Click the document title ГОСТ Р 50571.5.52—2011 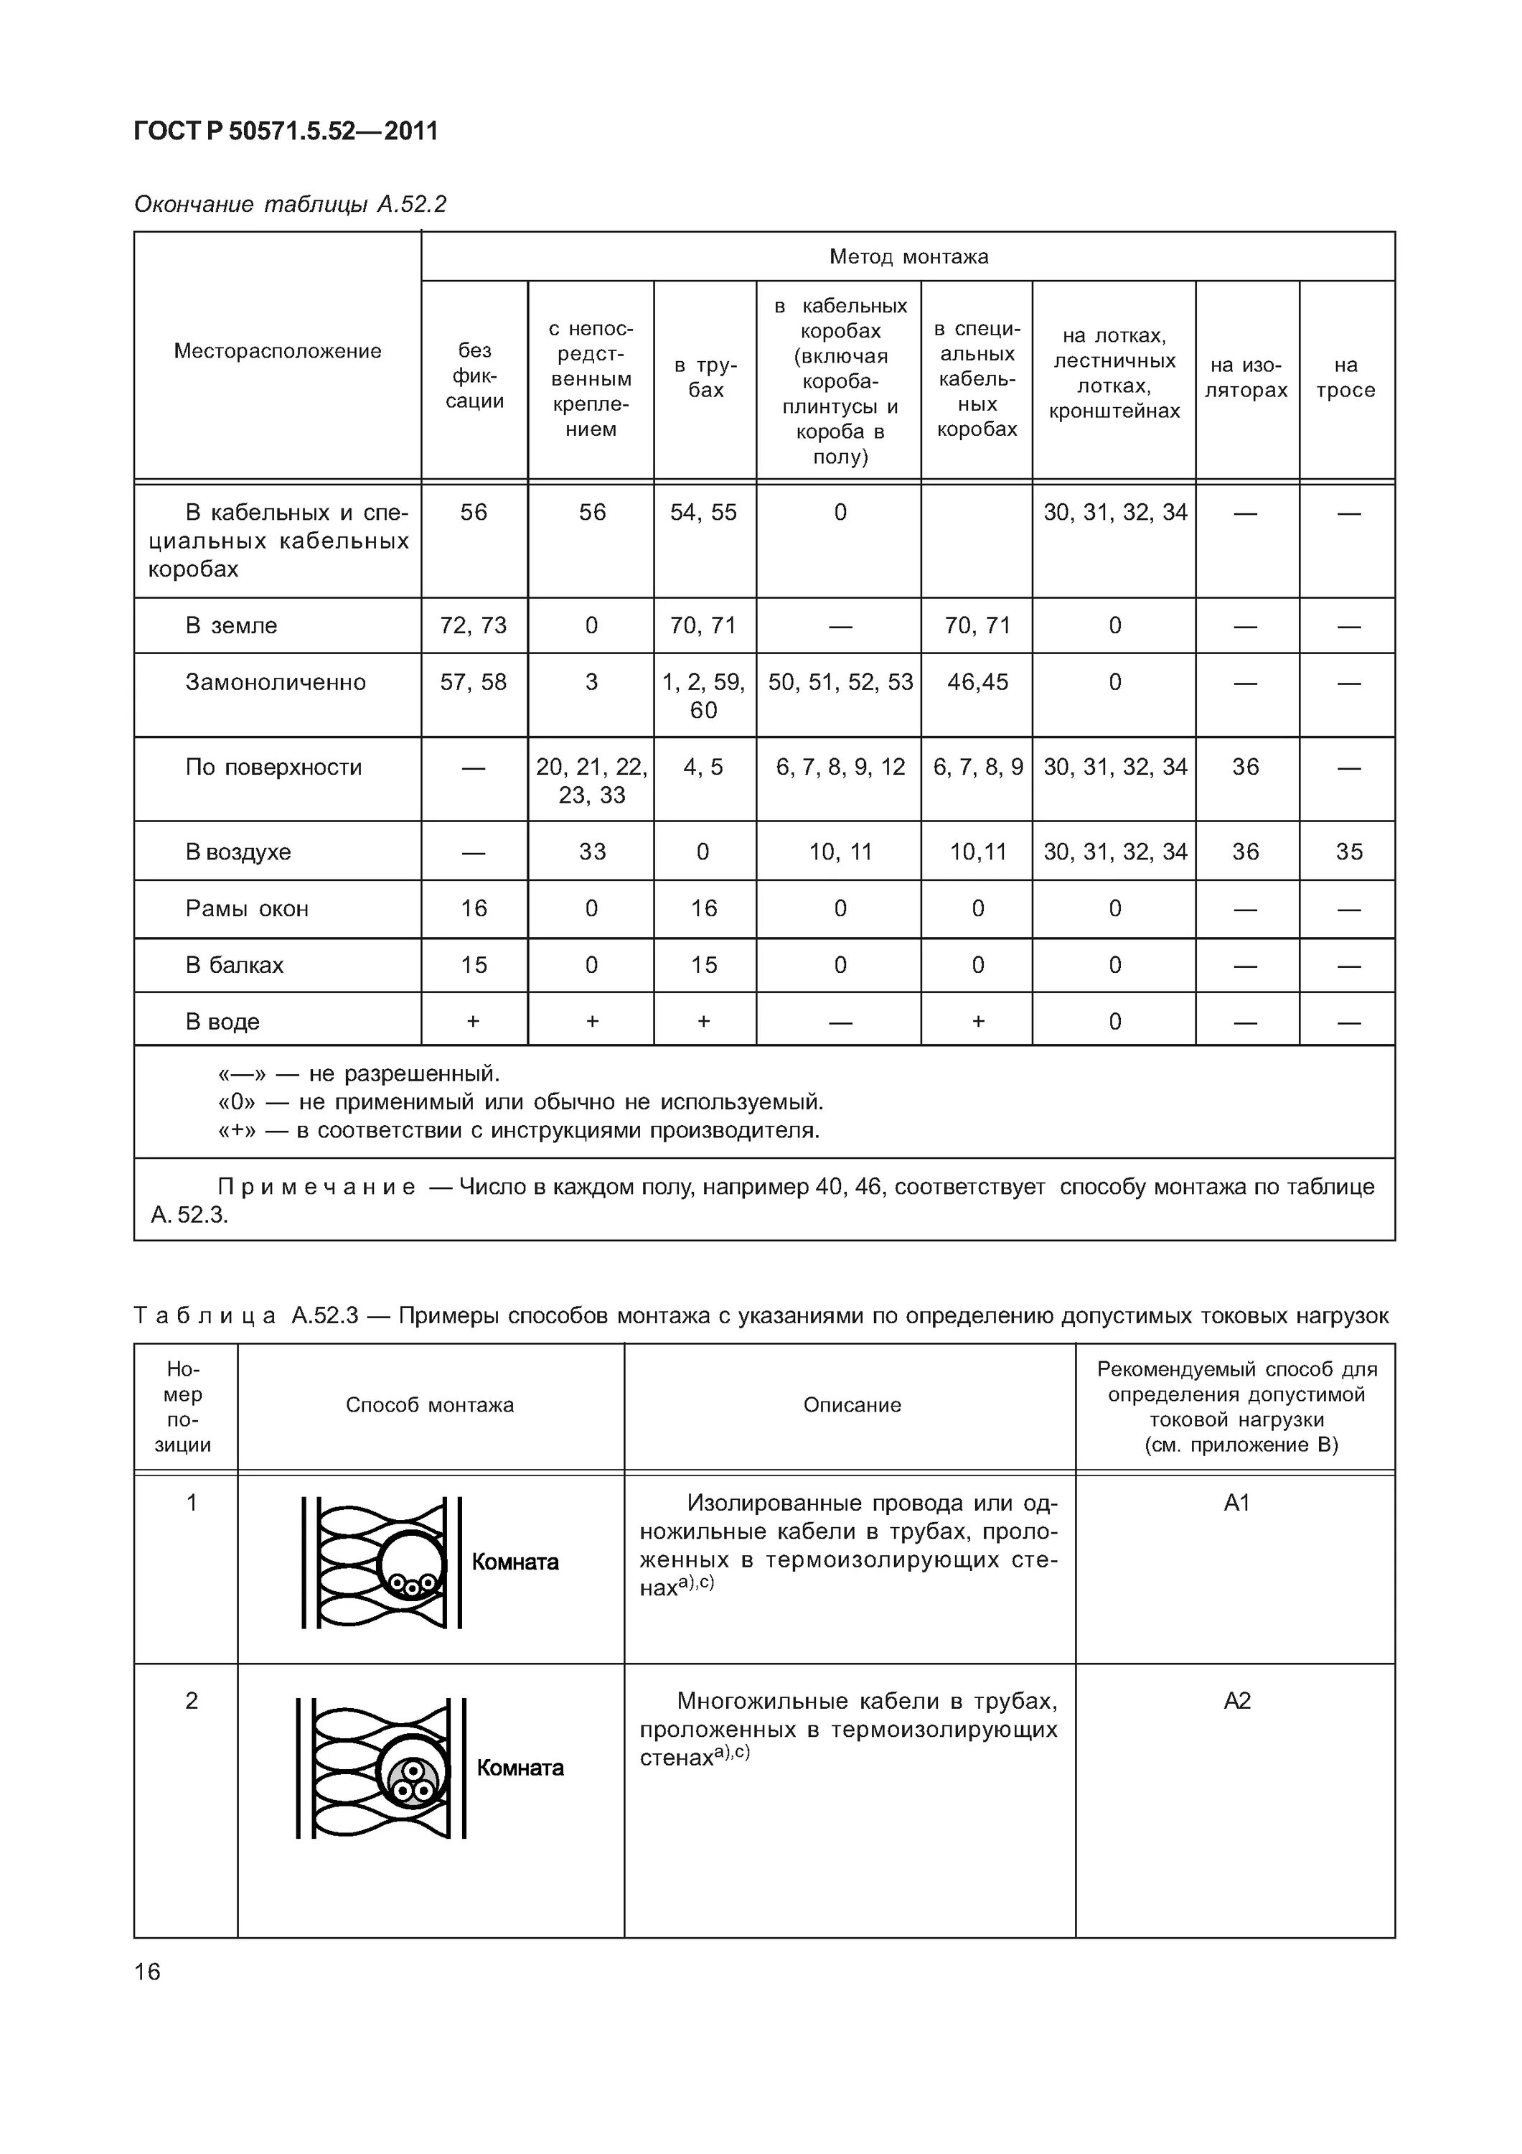[286, 131]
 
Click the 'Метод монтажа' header [908, 256]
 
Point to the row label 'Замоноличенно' [275, 682]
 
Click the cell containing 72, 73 [474, 626]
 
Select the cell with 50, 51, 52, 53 [840, 682]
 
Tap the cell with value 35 [1348, 852]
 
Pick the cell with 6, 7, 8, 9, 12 [840, 768]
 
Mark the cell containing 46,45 [977, 682]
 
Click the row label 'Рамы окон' [247, 908]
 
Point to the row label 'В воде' [222, 1022]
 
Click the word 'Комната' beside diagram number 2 [520, 1768]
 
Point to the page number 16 [147, 1972]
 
